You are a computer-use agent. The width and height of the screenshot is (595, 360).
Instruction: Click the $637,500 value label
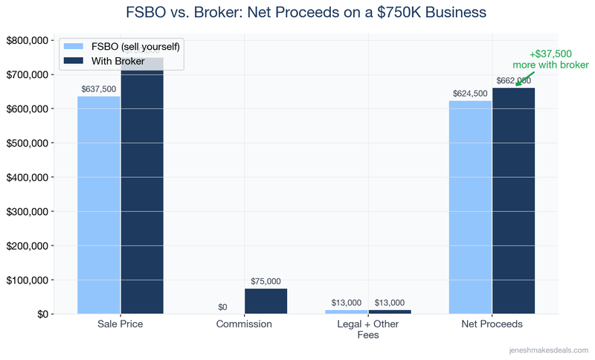click(x=98, y=89)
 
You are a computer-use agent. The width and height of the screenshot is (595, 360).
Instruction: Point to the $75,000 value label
click(x=266, y=281)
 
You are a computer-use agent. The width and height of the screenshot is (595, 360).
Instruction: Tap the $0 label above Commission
click(x=222, y=307)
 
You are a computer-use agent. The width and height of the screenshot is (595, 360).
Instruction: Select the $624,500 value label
click(x=470, y=94)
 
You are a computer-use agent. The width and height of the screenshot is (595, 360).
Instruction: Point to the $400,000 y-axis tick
click(x=28, y=177)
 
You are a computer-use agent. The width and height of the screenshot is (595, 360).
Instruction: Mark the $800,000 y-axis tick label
click(x=28, y=40)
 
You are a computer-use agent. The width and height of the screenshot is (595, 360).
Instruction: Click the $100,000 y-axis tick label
click(x=28, y=280)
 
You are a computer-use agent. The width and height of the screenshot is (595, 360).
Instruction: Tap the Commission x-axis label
click(x=244, y=325)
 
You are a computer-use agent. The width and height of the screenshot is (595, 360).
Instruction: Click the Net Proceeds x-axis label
click(x=492, y=325)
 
